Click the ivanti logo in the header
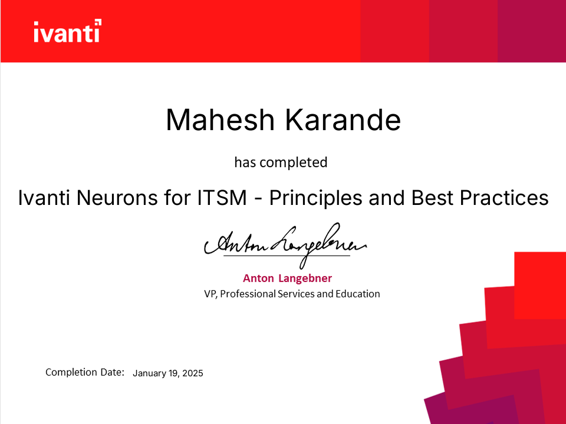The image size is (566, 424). click(67, 31)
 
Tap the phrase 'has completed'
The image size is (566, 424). click(281, 162)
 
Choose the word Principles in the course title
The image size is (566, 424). click(315, 198)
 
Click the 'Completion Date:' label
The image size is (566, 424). click(85, 372)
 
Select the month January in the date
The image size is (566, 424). click(150, 373)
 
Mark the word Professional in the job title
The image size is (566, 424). click(247, 293)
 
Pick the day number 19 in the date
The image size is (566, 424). click(173, 373)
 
